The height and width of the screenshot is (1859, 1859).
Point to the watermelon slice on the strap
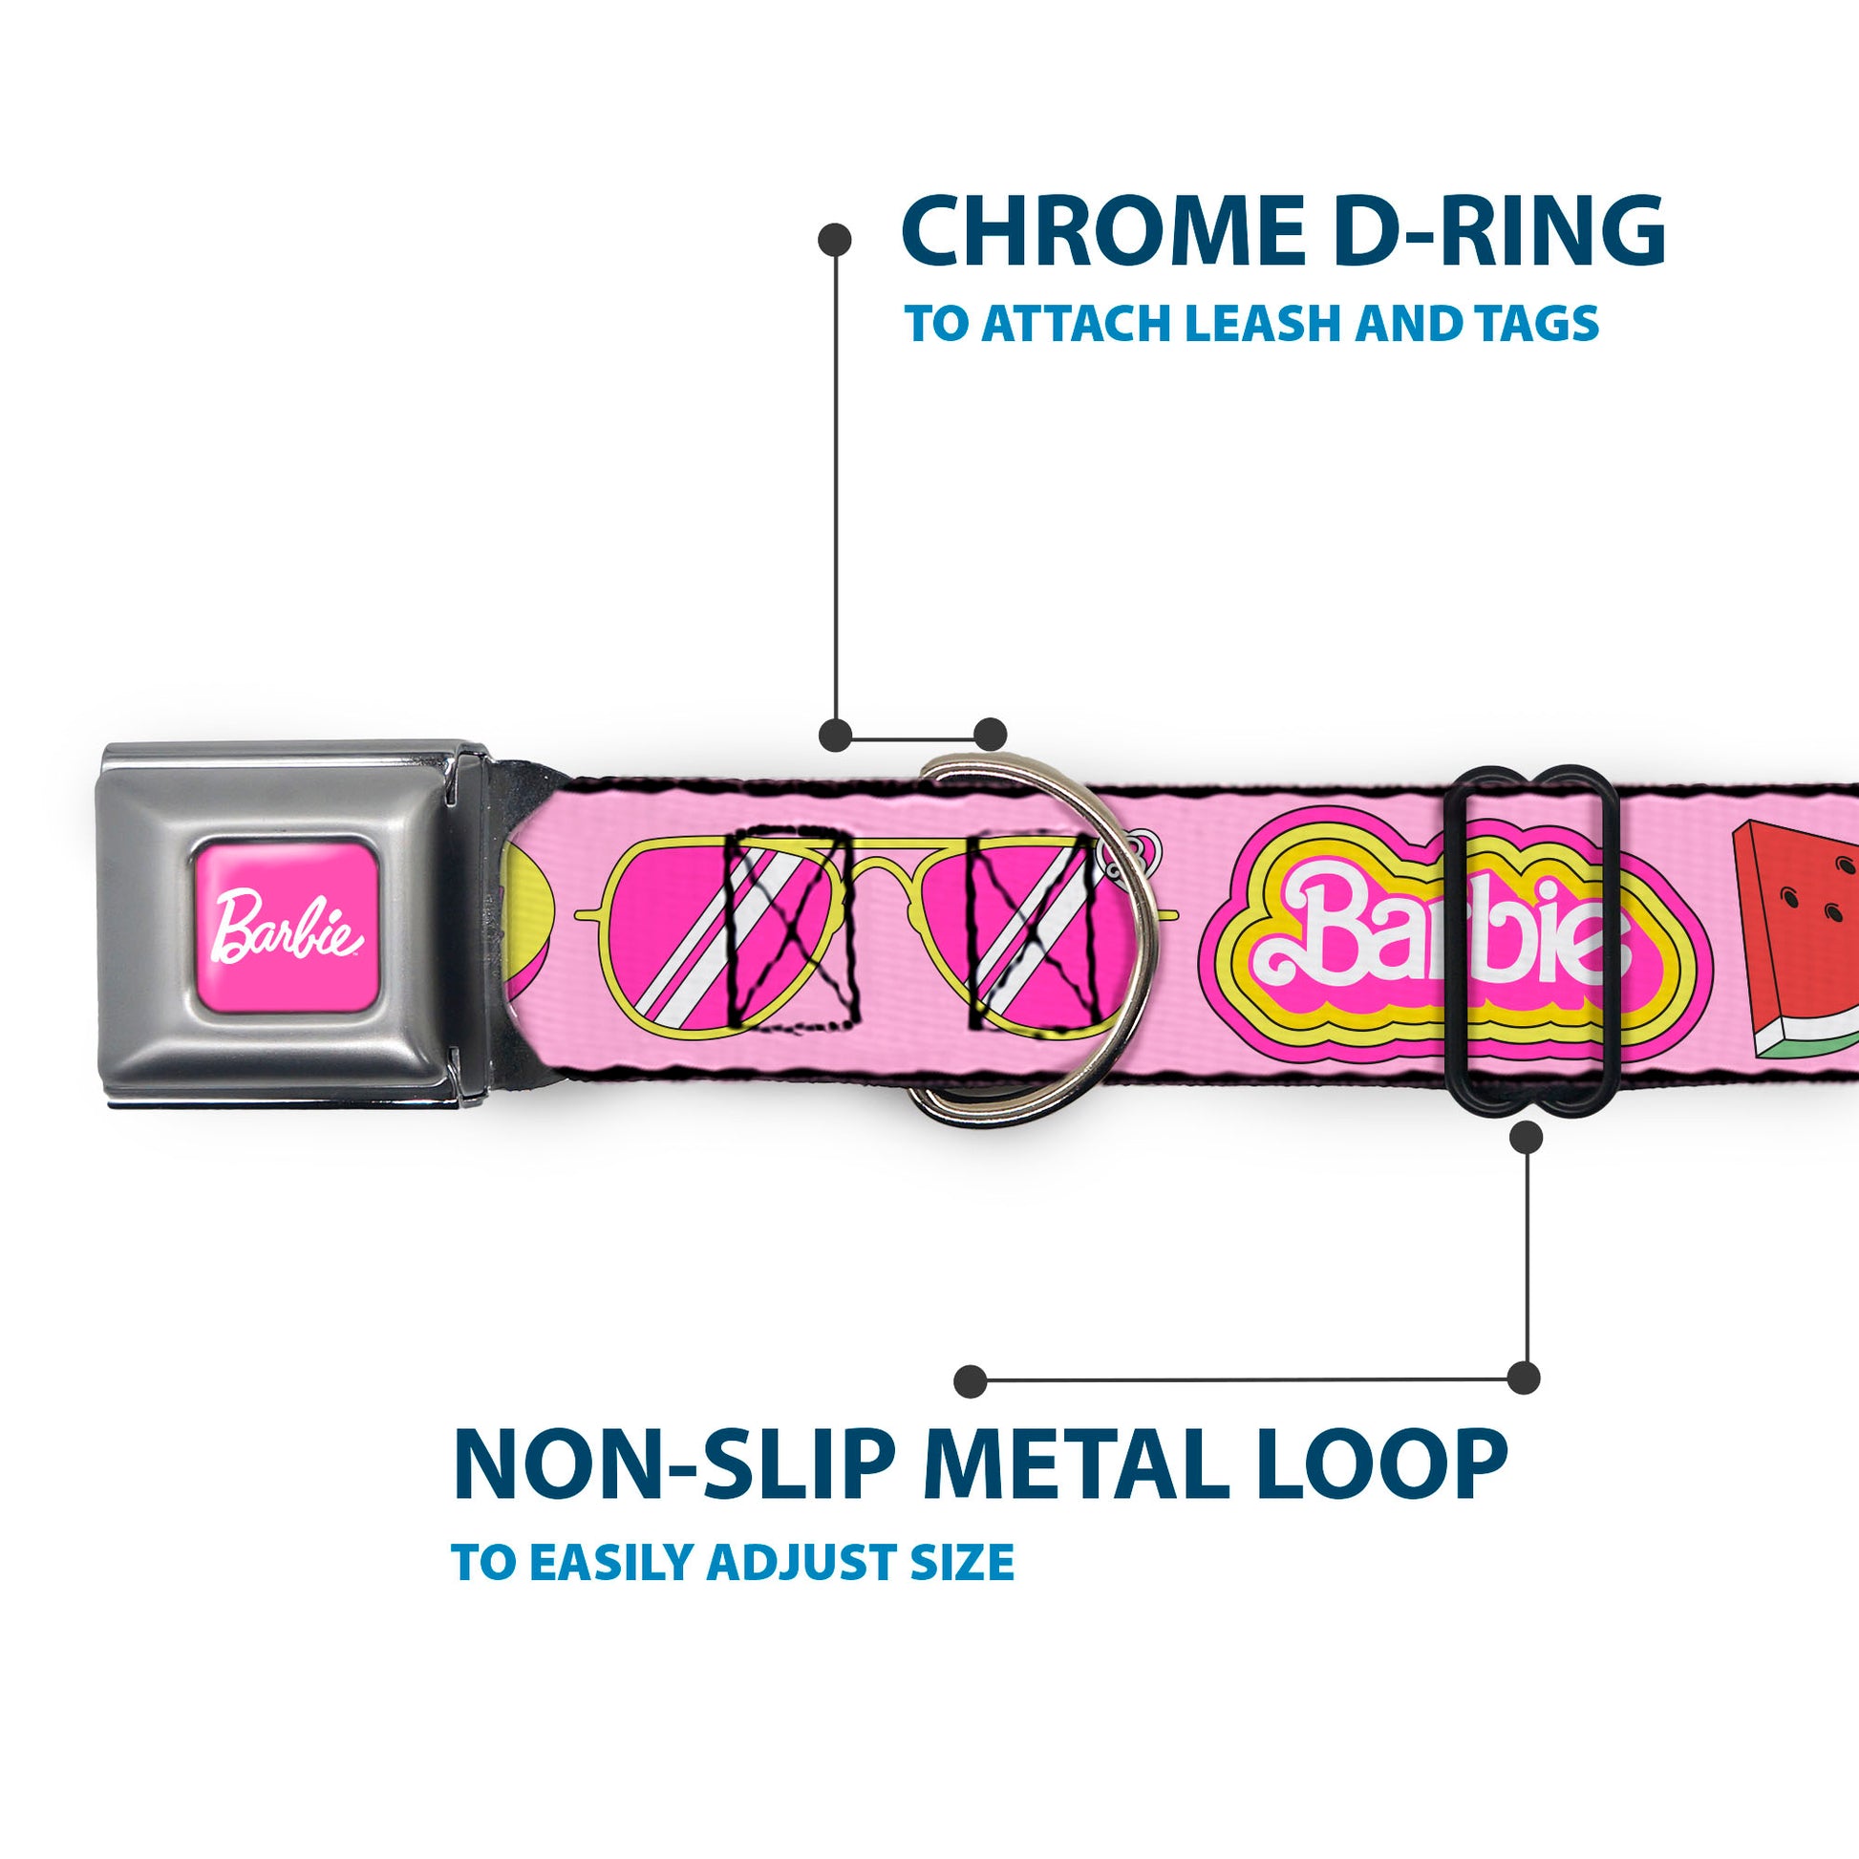[x=1795, y=938]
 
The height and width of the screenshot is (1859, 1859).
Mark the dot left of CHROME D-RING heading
[x=834, y=239]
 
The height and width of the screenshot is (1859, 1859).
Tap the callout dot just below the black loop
[x=1526, y=1138]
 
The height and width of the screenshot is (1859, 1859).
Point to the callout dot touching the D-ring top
[x=990, y=735]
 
